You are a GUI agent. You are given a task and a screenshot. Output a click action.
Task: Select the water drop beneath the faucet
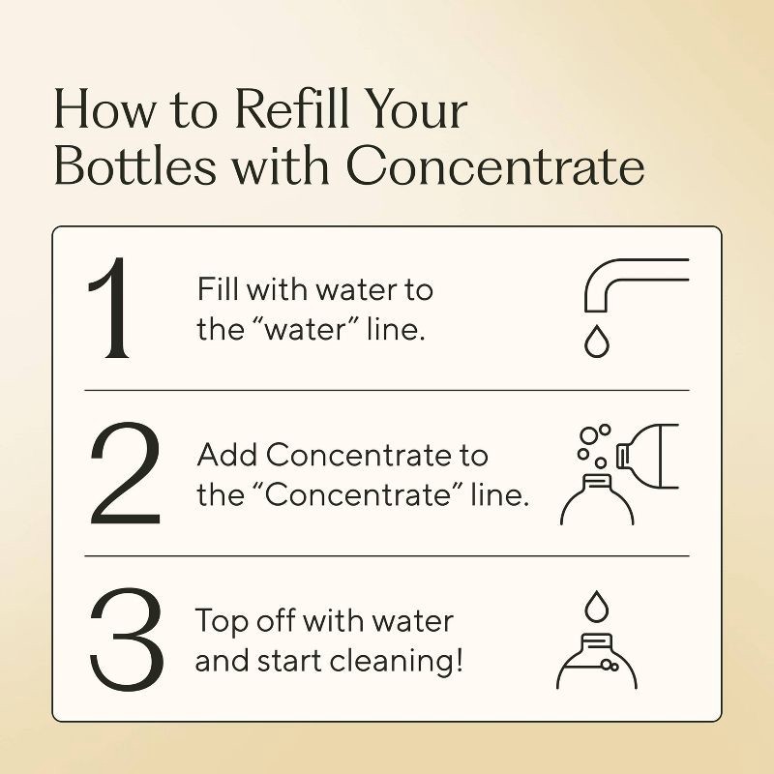tap(595, 343)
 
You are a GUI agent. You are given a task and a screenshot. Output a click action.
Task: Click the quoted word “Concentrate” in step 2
tap(378, 494)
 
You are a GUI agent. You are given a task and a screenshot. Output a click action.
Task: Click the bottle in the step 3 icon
tap(596, 663)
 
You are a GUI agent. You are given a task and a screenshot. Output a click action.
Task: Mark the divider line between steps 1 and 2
tap(387, 390)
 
